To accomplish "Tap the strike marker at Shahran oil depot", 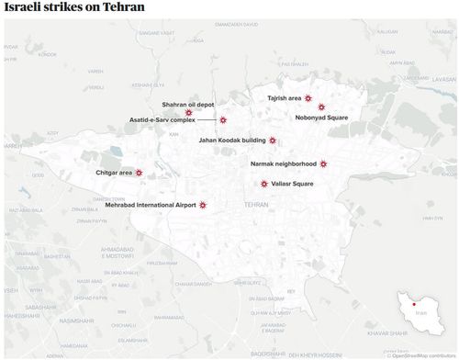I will tap(189, 113).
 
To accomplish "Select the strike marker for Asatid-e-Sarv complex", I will tap(222, 120).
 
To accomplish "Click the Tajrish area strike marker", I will tap(308, 97).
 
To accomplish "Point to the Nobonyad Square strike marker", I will tap(321, 107).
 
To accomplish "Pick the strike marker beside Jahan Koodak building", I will tap(273, 141).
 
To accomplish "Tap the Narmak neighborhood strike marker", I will tap(323, 163).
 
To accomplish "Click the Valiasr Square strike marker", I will tap(264, 184).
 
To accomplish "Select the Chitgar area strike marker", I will tap(140, 172).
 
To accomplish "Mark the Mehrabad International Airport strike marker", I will tap(203, 205).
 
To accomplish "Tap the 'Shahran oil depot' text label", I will tap(187, 105).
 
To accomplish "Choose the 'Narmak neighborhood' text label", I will tap(283, 163).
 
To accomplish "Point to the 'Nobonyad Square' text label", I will tap(321, 118).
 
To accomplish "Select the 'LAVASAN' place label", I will tap(443, 79).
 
